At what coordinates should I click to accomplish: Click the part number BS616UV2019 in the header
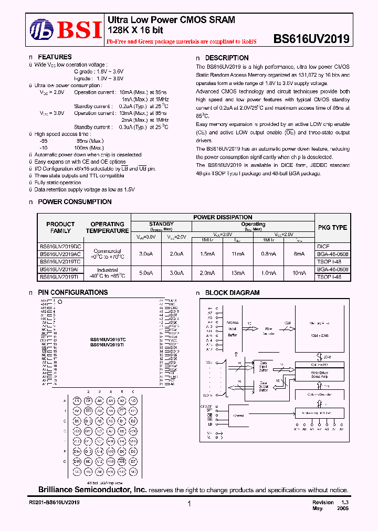[x=311, y=38]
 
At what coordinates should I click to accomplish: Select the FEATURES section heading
[x=55, y=57]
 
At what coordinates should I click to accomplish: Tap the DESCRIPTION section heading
[x=226, y=58]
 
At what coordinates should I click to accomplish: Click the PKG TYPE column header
[x=332, y=228]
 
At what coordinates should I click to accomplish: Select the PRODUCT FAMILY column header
[x=60, y=227]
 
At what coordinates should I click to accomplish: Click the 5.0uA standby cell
[x=146, y=273]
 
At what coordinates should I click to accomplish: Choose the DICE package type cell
[x=323, y=246]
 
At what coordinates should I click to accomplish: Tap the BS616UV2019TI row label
[x=60, y=277]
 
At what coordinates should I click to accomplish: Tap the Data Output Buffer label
[x=263, y=386]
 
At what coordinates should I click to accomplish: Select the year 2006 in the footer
[x=341, y=508]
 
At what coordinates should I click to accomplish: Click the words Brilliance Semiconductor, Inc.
[x=92, y=490]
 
